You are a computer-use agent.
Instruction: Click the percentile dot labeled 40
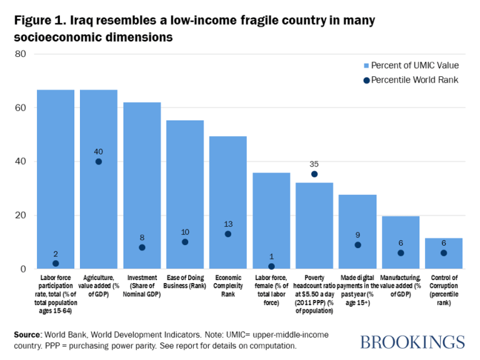(99, 161)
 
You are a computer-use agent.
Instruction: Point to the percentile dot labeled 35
(314, 174)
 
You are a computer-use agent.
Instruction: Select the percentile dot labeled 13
(228, 234)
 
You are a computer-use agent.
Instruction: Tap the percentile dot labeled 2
(56, 264)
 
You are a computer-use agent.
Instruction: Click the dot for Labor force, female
(271, 266)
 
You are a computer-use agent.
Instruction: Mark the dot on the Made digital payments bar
(357, 245)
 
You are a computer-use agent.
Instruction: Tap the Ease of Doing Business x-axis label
(185, 281)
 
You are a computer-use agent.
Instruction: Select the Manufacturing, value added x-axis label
(401, 286)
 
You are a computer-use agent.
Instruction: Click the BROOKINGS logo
(412, 341)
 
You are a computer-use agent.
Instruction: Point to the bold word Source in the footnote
(29, 336)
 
